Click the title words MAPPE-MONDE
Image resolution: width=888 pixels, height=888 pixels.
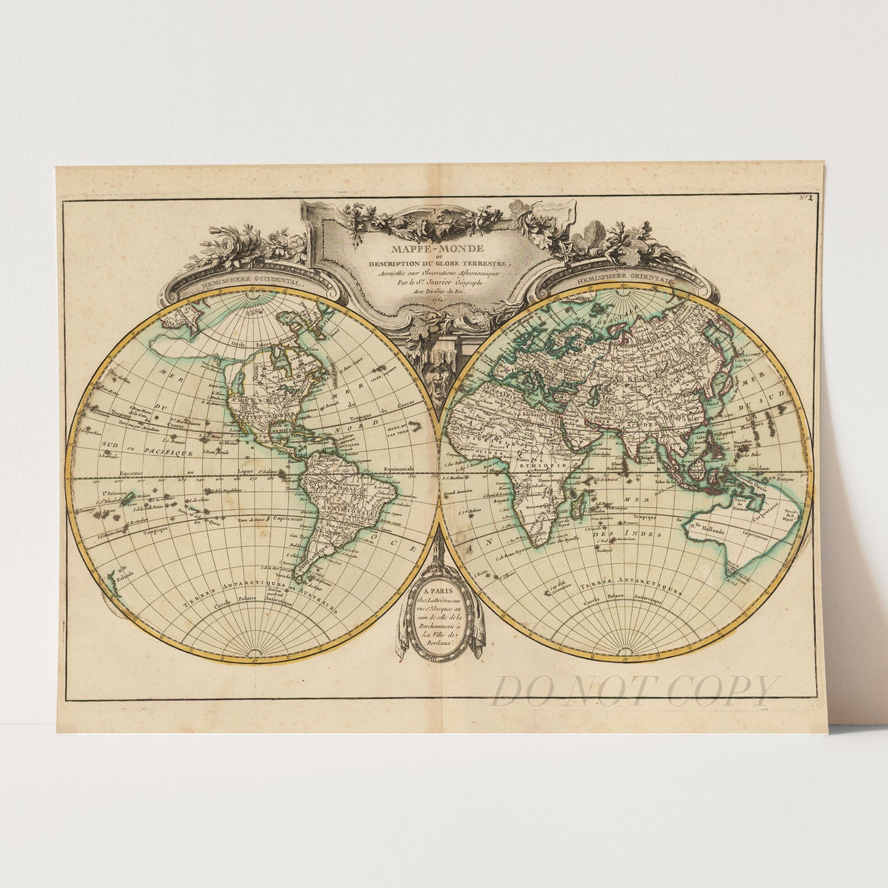tap(438, 249)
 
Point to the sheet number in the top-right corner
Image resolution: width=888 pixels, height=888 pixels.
tap(806, 198)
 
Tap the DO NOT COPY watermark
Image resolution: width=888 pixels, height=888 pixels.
tap(633, 691)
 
